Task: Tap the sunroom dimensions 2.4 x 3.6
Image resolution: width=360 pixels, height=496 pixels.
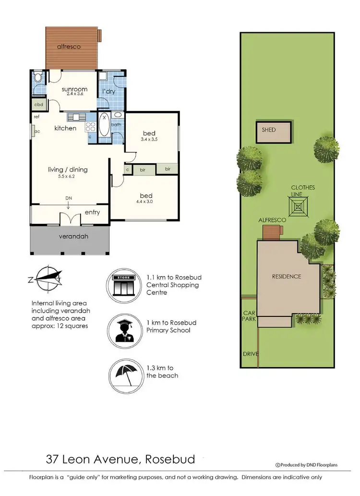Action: (x=74, y=94)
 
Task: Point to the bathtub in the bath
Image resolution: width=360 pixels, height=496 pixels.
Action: (x=104, y=126)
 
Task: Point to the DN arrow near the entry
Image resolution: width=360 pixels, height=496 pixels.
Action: (x=69, y=204)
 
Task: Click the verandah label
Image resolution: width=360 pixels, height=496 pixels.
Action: (x=73, y=237)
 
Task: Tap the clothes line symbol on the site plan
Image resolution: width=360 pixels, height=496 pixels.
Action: (x=299, y=207)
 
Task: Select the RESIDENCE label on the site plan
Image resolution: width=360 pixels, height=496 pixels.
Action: (x=287, y=277)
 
